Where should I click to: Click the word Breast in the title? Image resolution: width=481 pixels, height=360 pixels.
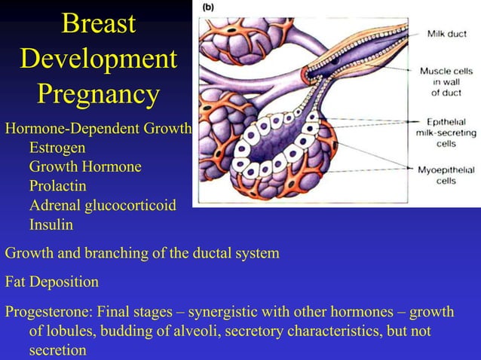click(99, 23)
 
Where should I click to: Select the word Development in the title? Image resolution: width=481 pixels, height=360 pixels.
click(99, 59)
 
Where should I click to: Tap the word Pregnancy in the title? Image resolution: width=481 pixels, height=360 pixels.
click(99, 95)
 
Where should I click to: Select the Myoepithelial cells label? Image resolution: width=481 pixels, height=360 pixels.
click(446, 175)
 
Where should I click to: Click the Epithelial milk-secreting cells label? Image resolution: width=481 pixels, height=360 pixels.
click(446, 132)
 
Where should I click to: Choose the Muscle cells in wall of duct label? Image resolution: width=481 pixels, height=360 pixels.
click(447, 81)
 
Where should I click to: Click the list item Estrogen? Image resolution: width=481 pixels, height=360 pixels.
click(57, 148)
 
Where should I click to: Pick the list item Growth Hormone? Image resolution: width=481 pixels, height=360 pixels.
click(84, 166)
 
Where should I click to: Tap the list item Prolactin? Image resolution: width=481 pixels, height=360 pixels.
click(57, 185)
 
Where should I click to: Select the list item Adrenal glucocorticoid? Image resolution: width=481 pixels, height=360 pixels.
click(103, 205)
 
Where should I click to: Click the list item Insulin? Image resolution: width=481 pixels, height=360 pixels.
click(51, 224)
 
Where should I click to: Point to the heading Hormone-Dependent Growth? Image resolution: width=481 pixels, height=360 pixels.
click(98, 128)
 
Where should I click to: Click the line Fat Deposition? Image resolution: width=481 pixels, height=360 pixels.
click(52, 282)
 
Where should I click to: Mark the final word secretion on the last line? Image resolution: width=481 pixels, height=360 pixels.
click(57, 350)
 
